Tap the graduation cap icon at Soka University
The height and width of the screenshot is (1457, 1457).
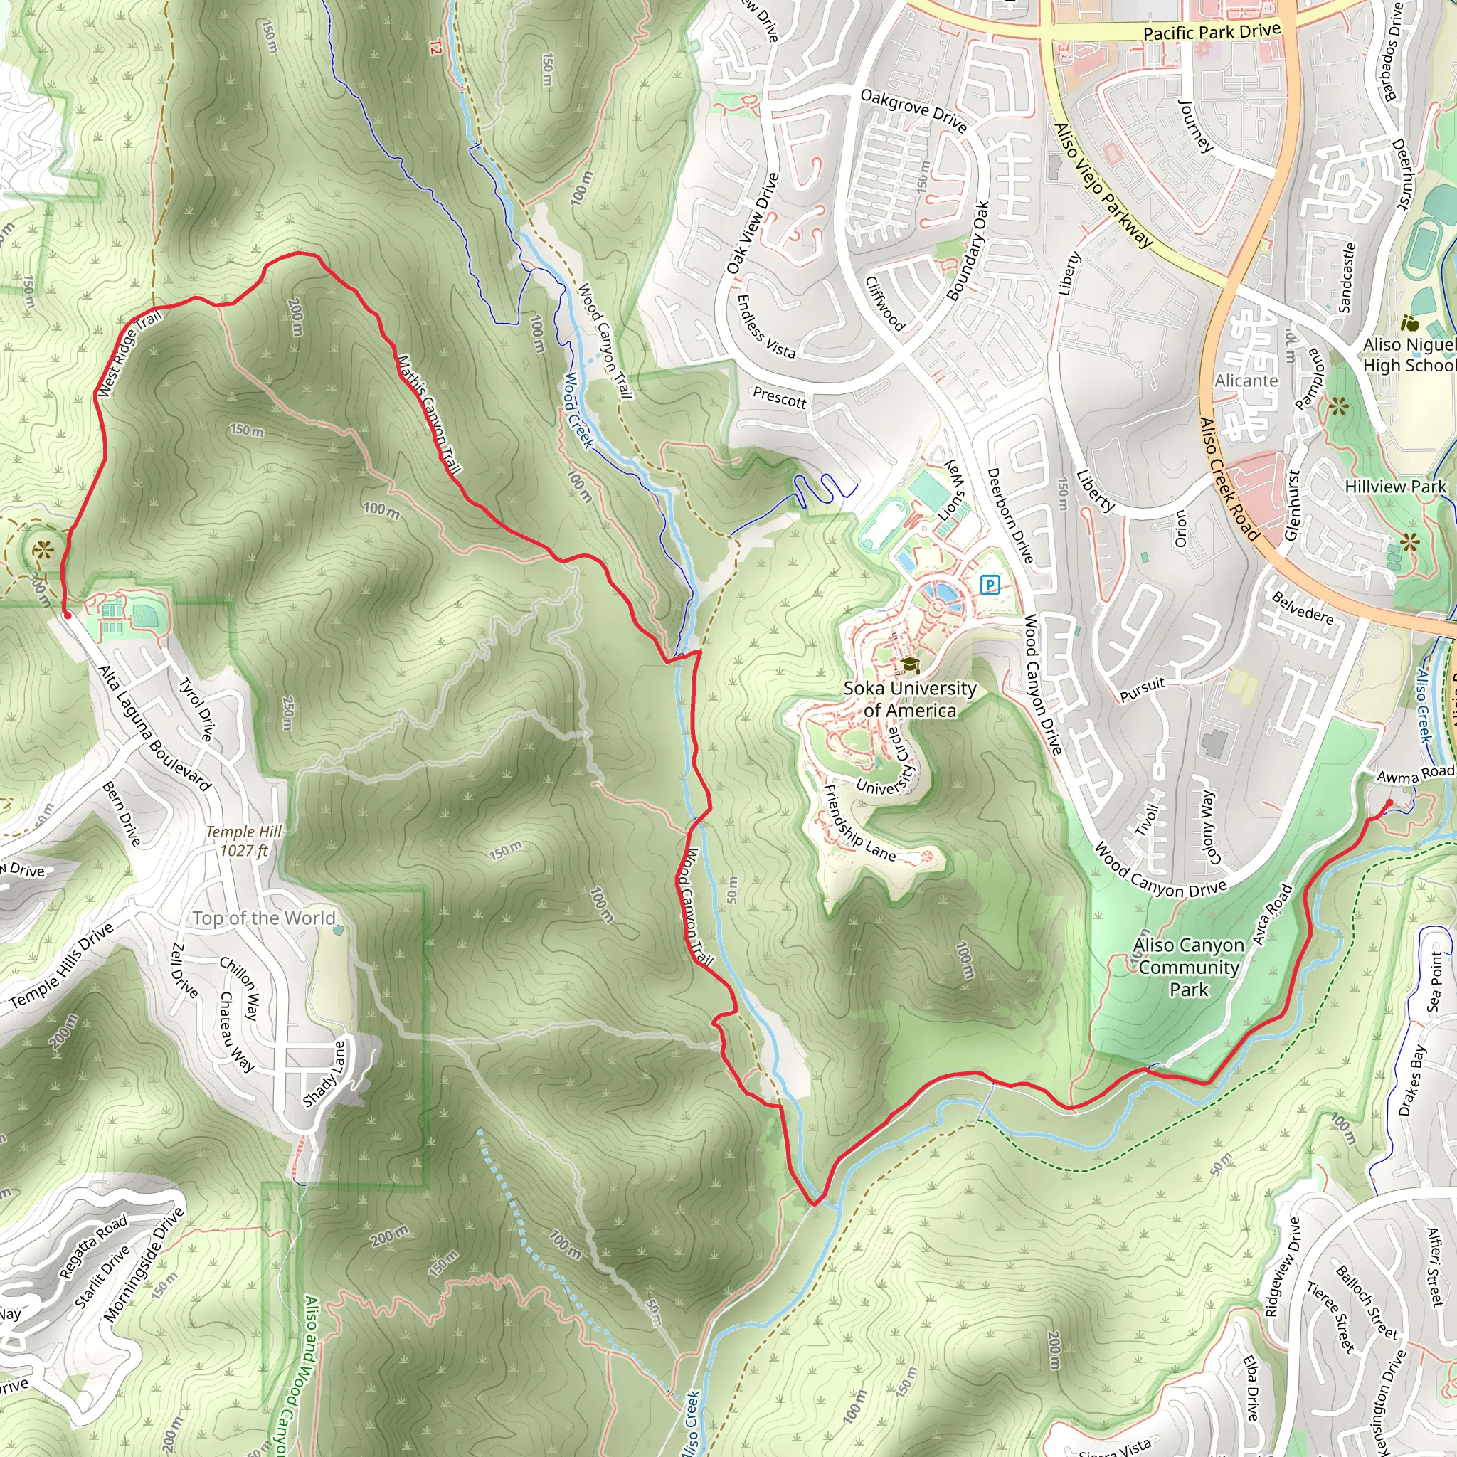[910, 665]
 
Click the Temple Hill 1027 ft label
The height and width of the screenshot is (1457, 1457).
[243, 841]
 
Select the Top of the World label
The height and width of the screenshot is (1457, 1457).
[263, 918]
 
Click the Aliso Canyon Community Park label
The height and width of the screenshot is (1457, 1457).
[1189, 967]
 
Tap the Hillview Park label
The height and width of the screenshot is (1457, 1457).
[1395, 487]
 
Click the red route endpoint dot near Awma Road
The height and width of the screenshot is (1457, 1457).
[1390, 802]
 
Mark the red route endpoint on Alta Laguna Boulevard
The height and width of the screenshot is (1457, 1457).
[67, 615]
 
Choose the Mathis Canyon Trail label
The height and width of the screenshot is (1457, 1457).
[428, 414]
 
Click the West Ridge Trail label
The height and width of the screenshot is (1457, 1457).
[129, 354]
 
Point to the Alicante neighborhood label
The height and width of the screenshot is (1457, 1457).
[1246, 381]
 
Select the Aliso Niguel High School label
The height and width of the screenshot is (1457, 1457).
[1409, 354]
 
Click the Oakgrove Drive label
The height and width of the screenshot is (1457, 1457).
[913, 110]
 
